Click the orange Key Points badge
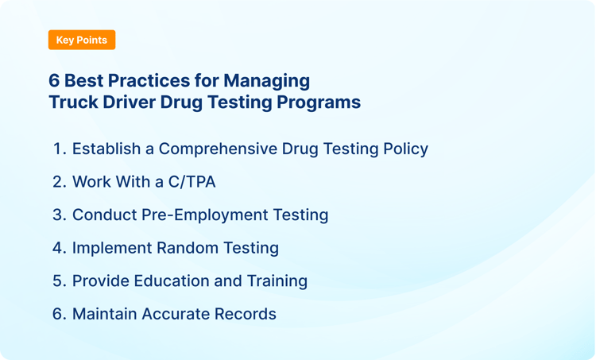tap(82, 40)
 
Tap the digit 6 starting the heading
tap(54, 81)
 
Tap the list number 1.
tap(59, 149)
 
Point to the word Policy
tap(404, 149)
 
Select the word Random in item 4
tap(187, 248)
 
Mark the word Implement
tap(111, 248)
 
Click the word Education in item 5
tap(169, 281)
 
